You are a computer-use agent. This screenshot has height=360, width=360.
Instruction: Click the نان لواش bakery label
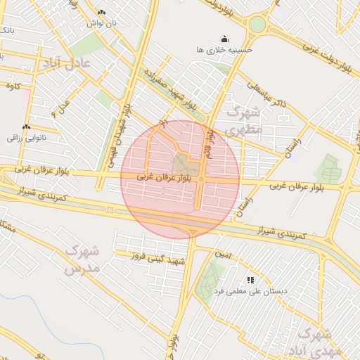101,23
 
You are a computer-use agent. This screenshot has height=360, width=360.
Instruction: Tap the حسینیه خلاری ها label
224,50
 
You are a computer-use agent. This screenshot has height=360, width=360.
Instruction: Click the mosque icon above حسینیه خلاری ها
224,39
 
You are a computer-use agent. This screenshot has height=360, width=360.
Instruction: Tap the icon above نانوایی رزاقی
26,127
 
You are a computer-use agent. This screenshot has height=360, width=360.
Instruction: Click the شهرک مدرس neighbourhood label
83,259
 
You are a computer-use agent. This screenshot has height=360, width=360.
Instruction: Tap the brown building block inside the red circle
185,166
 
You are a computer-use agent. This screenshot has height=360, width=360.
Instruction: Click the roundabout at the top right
257,25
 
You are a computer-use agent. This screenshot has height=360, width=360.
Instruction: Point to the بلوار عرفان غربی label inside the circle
165,180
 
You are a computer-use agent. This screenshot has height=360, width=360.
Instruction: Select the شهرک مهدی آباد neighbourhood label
320,341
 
